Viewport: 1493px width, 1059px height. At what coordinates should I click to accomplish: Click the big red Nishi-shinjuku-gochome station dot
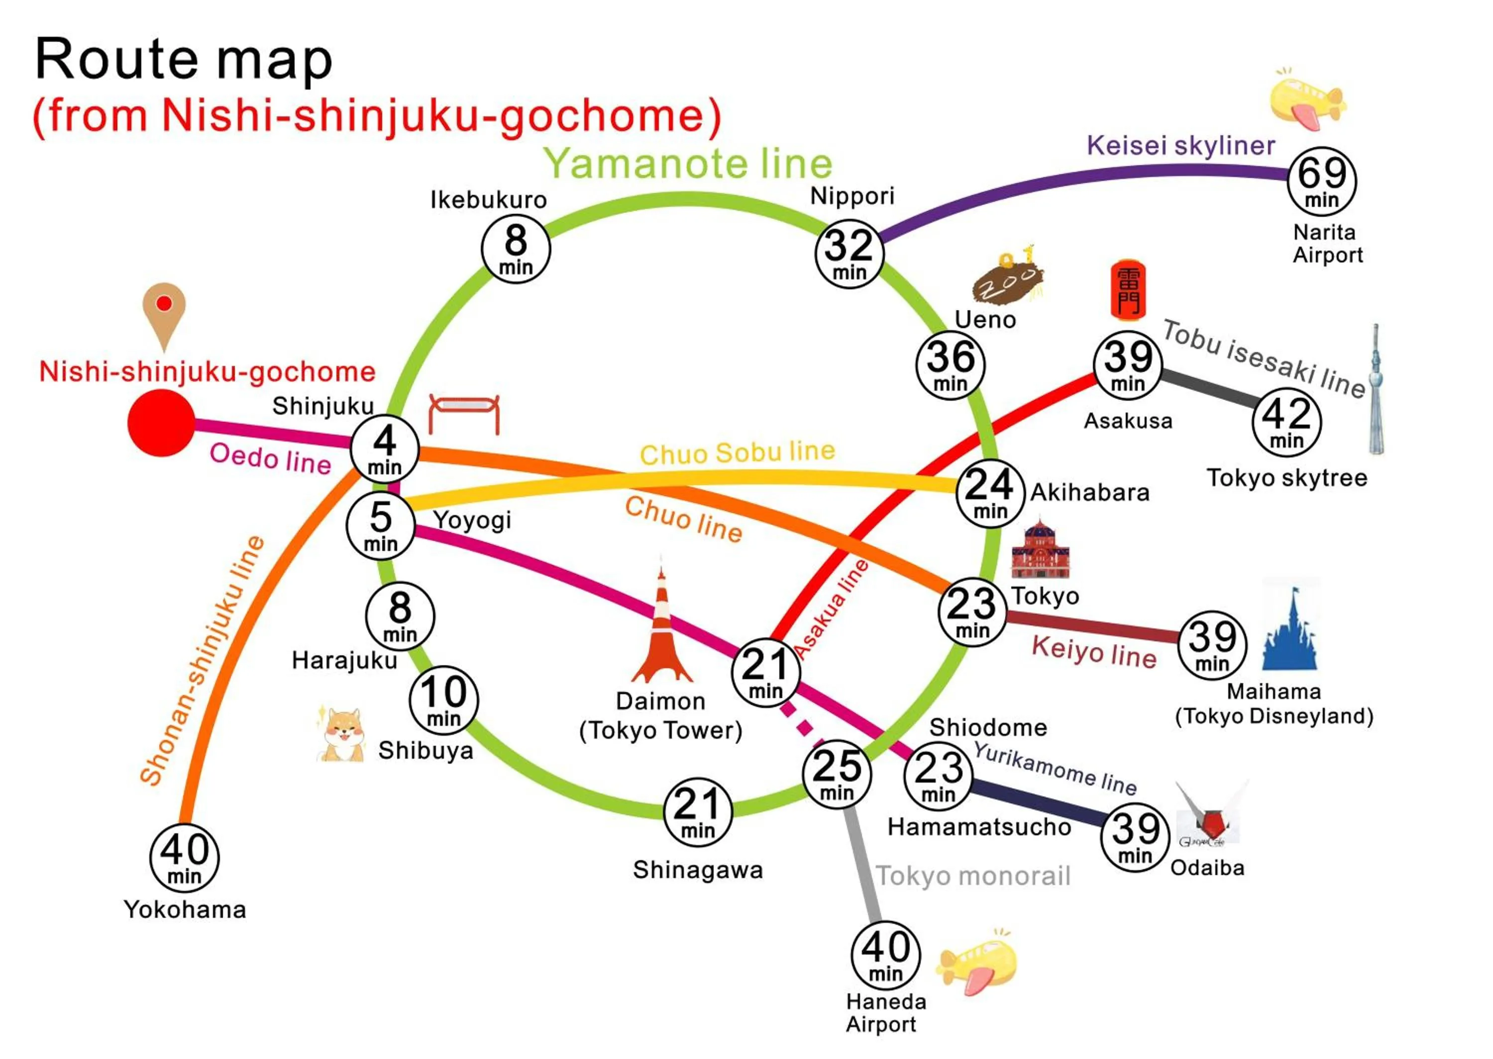(x=161, y=423)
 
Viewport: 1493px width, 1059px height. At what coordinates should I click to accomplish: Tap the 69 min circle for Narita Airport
(x=1321, y=181)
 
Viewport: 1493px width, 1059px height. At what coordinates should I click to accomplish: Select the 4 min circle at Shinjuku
(x=384, y=448)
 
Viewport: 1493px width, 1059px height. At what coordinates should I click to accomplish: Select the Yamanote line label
(x=688, y=163)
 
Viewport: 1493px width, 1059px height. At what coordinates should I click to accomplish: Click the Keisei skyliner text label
(x=1180, y=145)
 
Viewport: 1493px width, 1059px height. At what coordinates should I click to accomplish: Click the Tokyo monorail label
(x=972, y=876)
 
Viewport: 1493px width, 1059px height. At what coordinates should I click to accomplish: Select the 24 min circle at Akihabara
(x=990, y=493)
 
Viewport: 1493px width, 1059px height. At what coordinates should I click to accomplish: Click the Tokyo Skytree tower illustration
(x=1375, y=391)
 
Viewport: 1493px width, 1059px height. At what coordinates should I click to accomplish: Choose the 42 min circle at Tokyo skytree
(x=1286, y=422)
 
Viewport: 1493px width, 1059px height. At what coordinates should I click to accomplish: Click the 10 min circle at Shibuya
(x=444, y=700)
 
